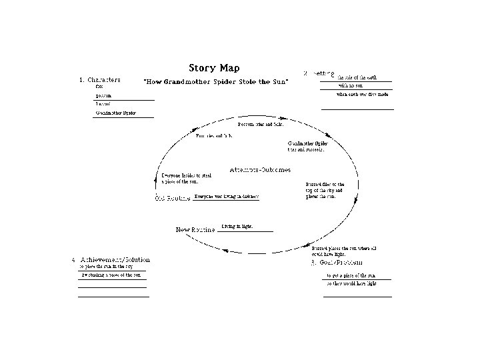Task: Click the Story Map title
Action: tap(214, 68)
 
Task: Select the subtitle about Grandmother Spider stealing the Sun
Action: tap(217, 81)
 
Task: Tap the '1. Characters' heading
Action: tap(101, 80)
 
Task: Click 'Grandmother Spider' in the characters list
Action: tap(116, 113)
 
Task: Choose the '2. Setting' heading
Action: tap(319, 73)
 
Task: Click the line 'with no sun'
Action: tap(351, 86)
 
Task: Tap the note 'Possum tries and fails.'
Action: tap(261, 125)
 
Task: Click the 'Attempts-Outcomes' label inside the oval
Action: tap(260, 170)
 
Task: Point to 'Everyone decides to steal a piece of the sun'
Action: tap(187, 179)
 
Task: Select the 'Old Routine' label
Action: tap(173, 198)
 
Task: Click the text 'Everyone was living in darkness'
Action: tap(227, 197)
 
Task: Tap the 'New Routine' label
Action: tap(195, 230)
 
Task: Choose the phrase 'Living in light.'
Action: tap(237, 227)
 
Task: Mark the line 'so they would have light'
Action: tap(351, 283)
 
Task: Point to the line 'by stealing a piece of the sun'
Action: tap(111, 275)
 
